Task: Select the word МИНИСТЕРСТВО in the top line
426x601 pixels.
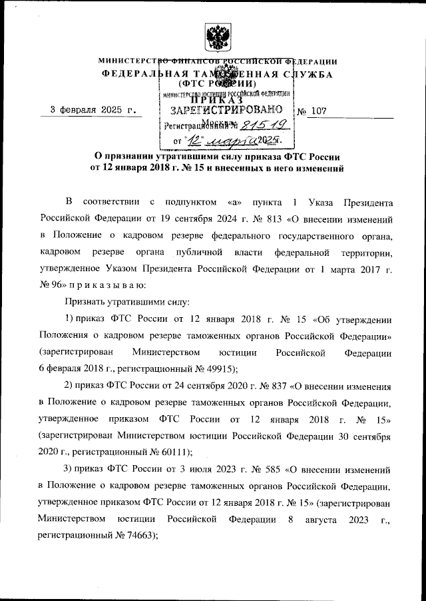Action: [x=130, y=61]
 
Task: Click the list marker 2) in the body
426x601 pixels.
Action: [x=69, y=385]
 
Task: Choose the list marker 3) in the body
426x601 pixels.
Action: [x=69, y=468]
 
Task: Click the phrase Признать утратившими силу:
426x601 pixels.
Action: [x=114, y=302]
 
